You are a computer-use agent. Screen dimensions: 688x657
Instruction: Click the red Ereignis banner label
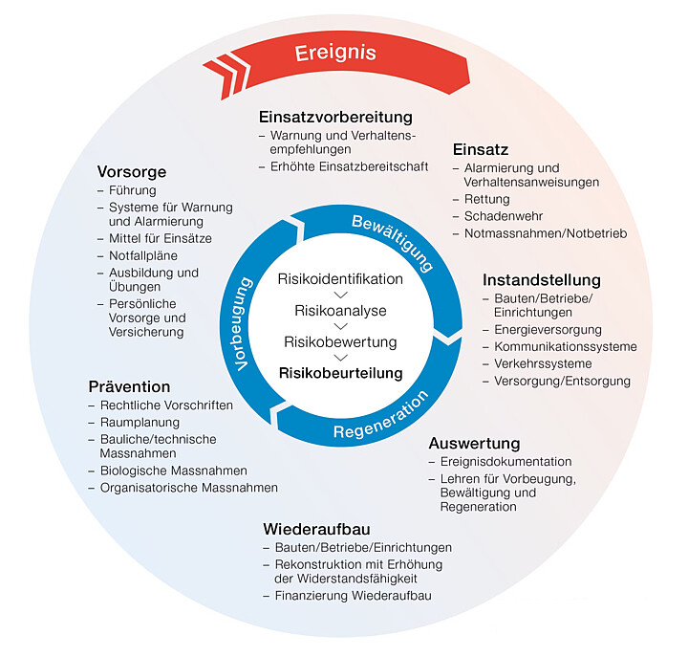pos(335,54)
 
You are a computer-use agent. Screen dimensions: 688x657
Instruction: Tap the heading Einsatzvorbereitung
pos(335,118)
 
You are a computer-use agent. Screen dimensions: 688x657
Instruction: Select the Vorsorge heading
pos(132,172)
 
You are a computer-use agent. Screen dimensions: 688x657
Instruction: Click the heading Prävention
pos(129,386)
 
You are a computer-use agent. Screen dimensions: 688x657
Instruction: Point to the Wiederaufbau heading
pos(316,529)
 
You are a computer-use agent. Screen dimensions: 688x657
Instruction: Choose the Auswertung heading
pos(474,444)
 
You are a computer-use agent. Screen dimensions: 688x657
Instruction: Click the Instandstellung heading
pos(542,280)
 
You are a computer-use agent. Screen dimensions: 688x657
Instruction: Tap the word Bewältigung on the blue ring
pos(393,242)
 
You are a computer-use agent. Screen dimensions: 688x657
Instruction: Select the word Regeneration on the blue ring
pos(381,416)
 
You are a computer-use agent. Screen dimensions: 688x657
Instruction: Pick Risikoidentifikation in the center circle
pos(340,279)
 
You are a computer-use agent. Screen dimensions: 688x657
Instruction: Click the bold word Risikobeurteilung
pos(341,373)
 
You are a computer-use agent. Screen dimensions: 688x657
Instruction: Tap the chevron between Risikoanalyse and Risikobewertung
pos(340,326)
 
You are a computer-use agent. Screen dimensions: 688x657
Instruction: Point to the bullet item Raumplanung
pos(140,423)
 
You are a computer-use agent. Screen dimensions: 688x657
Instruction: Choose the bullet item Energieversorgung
pos(548,329)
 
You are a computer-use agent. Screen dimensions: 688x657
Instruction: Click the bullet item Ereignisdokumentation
pos(505,462)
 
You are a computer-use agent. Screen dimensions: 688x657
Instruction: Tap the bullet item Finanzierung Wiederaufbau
pos(354,596)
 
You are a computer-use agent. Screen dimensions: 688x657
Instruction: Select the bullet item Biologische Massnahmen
pos(173,471)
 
